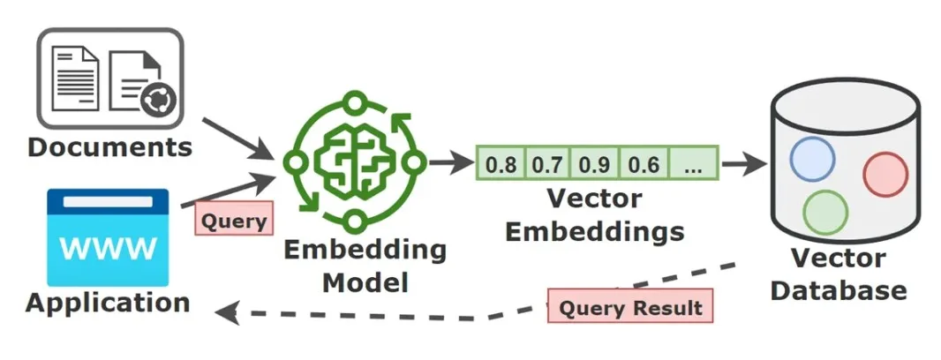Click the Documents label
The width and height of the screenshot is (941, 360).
(109, 146)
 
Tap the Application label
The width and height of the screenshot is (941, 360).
(108, 303)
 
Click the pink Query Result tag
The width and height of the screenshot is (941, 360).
(630, 308)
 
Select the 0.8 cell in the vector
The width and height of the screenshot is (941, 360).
(501, 163)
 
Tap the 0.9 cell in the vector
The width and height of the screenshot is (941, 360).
(596, 163)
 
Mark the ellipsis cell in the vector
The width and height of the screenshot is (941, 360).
(694, 163)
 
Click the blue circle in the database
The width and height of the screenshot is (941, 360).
(812, 159)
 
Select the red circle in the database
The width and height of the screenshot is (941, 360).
(885, 175)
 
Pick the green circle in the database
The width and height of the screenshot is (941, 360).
(825, 213)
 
